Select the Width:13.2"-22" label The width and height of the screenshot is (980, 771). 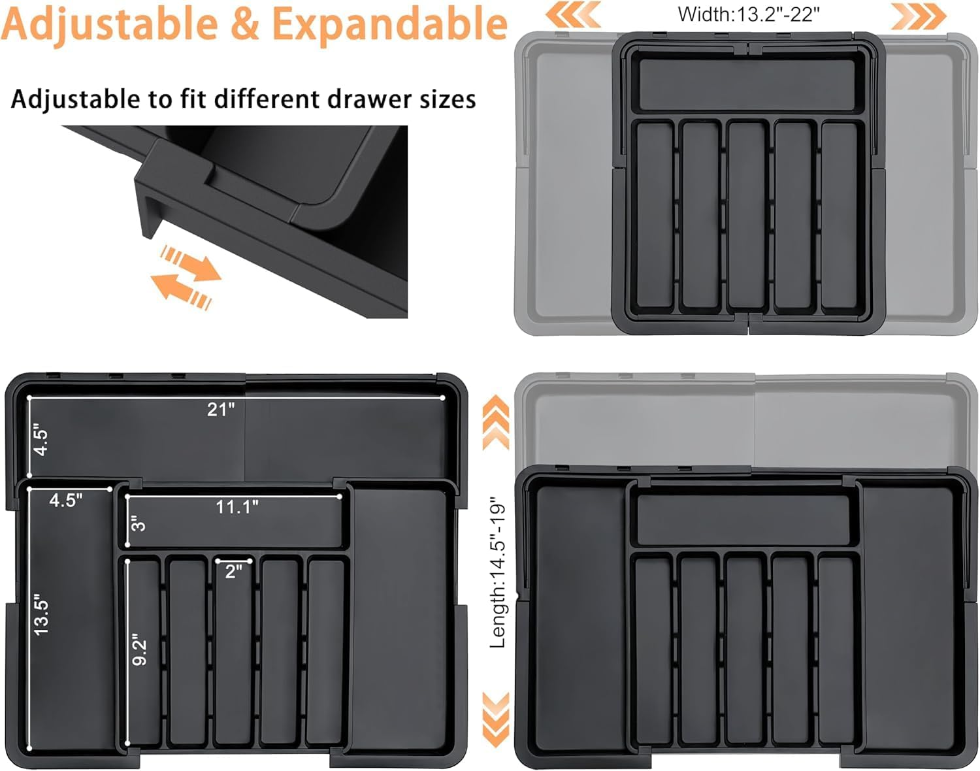point(748,14)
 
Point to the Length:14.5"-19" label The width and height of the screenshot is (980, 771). point(498,572)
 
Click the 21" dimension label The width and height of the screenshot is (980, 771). point(221,410)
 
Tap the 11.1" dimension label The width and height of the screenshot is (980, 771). point(237,507)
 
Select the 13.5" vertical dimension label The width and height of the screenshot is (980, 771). point(41,614)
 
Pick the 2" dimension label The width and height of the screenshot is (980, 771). point(234,571)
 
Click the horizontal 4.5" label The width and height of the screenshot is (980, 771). point(65,500)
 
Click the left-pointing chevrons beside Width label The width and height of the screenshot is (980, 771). point(574,14)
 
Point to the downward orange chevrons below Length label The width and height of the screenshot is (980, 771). point(496,719)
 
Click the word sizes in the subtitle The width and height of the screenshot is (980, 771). point(448,99)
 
